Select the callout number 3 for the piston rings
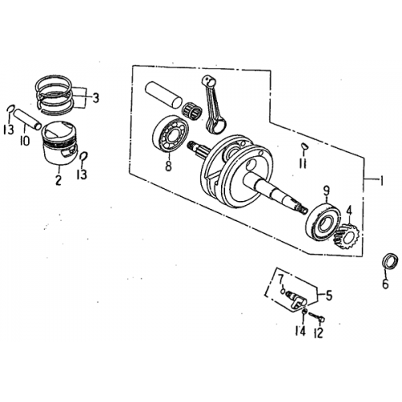click(96, 98)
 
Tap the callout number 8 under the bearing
click(168, 166)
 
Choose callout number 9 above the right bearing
click(326, 191)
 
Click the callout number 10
click(25, 142)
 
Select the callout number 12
click(319, 332)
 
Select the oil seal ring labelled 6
click(388, 262)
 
